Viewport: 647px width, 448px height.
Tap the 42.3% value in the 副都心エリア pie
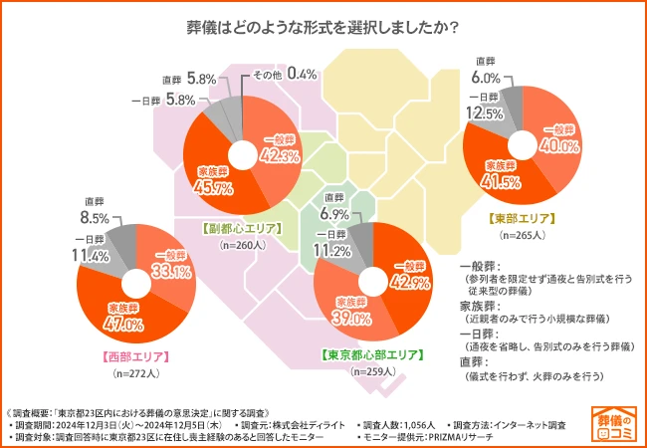[x=281, y=155]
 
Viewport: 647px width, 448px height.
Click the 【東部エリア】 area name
[x=522, y=217]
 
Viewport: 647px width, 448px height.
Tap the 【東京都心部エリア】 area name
[x=371, y=353]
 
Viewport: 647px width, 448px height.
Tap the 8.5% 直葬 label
[x=96, y=216]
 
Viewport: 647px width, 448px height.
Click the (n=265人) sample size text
[x=522, y=235]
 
